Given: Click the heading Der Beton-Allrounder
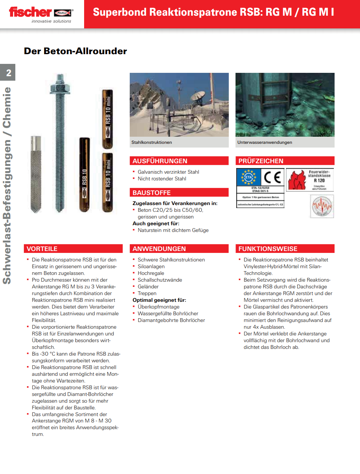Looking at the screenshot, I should (76, 51).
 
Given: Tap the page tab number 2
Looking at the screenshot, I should (8, 72).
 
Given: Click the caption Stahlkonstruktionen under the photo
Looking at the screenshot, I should (152, 142).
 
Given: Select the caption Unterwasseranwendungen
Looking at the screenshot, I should (265, 142).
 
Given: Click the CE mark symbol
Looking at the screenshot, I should (273, 177).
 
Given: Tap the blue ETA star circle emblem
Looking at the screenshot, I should (248, 177).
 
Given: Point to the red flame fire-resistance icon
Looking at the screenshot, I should (297, 180).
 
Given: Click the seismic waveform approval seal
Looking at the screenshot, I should (322, 207).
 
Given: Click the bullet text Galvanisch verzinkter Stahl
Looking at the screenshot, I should (168, 172).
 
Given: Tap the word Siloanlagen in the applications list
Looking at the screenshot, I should (151, 266).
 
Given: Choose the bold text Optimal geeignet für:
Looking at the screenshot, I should (159, 300).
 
